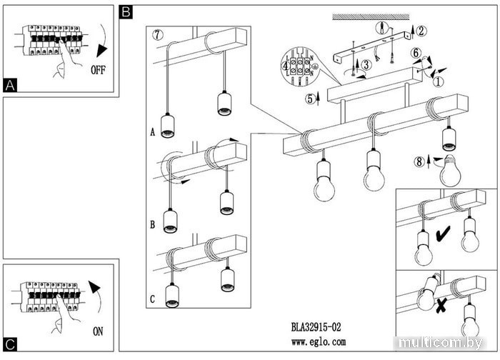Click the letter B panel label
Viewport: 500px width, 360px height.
point(126,12)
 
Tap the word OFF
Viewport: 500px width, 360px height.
point(99,71)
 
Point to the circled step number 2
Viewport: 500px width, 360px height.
point(421,30)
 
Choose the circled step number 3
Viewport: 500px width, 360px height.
point(365,64)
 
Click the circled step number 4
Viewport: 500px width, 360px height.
point(286,65)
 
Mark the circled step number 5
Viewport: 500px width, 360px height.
point(309,99)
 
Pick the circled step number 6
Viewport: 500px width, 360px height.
point(415,52)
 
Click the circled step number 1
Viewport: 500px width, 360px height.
point(439,81)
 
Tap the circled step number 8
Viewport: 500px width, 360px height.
point(420,161)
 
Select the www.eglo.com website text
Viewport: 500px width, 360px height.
point(318,343)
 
